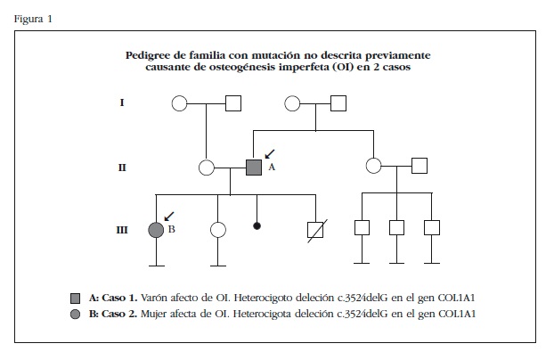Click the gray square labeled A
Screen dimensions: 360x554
point(254,166)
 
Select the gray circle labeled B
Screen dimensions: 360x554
point(156,229)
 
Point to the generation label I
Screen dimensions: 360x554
point(121,103)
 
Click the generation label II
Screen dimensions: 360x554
point(121,166)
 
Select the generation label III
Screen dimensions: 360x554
point(121,229)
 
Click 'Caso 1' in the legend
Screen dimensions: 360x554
point(121,296)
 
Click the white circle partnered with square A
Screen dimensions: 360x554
point(208,166)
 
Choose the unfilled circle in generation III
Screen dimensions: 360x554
point(218,229)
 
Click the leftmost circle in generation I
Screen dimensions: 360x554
point(179,103)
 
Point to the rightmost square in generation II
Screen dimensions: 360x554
point(420,166)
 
